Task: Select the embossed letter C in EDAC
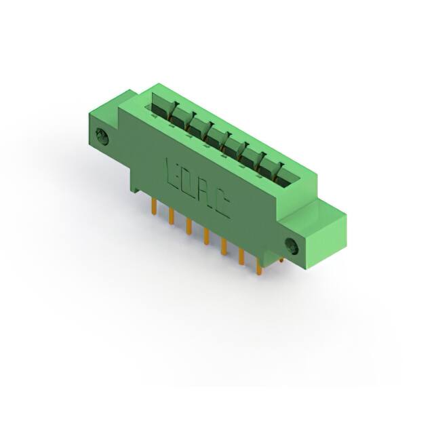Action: coord(222,208)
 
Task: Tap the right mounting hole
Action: coord(291,245)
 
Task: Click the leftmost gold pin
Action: coord(155,206)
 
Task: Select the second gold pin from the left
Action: coord(172,216)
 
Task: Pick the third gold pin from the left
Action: coord(189,226)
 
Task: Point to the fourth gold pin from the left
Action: coord(206,236)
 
